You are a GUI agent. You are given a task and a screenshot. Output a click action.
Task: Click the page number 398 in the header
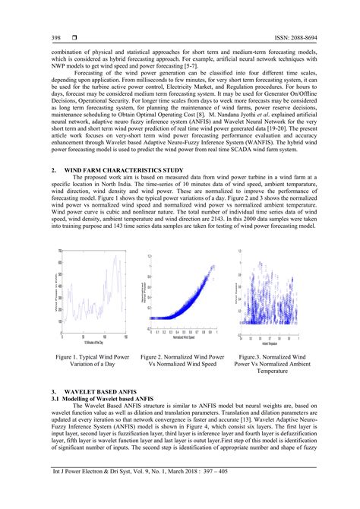pos(55,37)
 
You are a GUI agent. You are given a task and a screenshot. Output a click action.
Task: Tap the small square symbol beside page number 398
pos(73,37)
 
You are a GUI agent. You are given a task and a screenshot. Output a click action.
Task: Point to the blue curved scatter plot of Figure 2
pos(182,292)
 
